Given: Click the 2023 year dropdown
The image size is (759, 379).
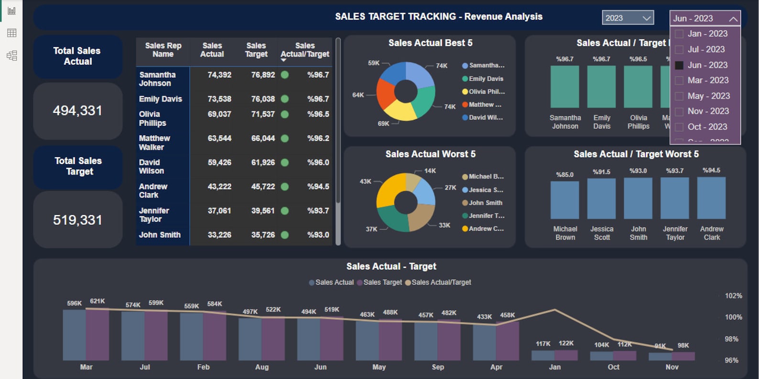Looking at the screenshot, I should point(627,18).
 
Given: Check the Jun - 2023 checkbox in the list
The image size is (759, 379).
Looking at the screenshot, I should point(679,65).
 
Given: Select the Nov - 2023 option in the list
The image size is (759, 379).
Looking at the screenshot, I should point(708,111).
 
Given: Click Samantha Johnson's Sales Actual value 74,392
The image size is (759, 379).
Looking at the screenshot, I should point(219,75).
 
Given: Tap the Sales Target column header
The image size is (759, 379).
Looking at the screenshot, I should point(256,50).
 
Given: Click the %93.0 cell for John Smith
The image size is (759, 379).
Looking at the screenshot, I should point(318,235).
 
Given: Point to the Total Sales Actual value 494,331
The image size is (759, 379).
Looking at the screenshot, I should point(77,111).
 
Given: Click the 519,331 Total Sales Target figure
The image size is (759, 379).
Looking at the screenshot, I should point(77,220).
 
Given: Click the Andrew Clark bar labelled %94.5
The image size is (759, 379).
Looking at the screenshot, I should point(711,198).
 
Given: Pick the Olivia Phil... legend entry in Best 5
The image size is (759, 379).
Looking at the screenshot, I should point(486,92).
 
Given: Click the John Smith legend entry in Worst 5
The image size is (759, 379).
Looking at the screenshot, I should point(485,203).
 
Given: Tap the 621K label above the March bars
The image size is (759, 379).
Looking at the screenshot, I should point(98,301).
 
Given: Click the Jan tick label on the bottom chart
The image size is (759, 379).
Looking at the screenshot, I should point(554,367).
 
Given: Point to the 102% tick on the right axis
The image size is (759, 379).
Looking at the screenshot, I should point(733,296).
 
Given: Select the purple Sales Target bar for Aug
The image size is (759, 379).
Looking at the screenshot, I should point(273,339).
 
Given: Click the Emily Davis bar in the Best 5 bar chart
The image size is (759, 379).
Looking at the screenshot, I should point(601,87).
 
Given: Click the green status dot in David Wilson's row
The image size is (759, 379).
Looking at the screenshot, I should point(285,162).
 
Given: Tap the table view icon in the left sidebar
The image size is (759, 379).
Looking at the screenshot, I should point(12,33).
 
